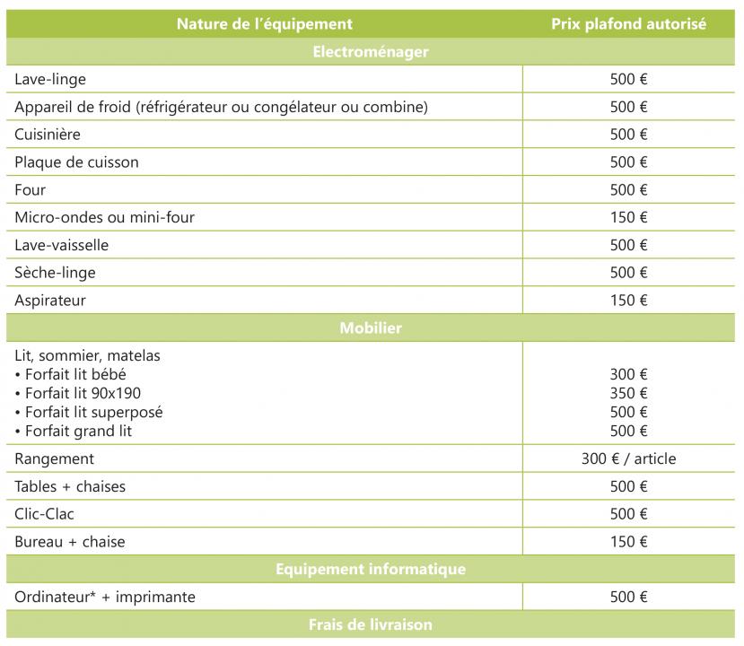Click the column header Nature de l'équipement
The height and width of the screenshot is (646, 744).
coord(265,24)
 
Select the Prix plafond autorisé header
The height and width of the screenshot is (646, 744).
coord(628,24)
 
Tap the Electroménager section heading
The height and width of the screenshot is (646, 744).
coord(371,52)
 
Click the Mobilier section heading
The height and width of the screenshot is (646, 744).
coord(371,328)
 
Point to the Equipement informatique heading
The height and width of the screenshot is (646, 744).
coord(371,569)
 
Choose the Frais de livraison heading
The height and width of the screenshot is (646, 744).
coord(371,624)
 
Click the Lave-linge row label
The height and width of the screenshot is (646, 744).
coord(50,80)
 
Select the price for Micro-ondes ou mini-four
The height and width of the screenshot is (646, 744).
coord(628,217)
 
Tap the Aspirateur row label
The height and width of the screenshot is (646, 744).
coord(50,301)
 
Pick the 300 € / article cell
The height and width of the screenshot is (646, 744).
coord(628,458)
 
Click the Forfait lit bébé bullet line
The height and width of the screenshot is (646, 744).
coord(71,374)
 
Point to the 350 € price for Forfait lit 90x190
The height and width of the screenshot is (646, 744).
coord(628,393)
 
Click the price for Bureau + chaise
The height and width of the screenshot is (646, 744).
coord(628,542)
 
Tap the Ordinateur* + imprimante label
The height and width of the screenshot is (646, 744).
coord(105,597)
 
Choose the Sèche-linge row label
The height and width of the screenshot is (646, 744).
coord(55,273)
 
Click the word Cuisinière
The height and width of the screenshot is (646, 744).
coord(48,135)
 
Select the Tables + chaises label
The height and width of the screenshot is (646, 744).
coord(70,486)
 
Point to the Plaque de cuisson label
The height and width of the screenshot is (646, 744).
coord(76,162)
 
